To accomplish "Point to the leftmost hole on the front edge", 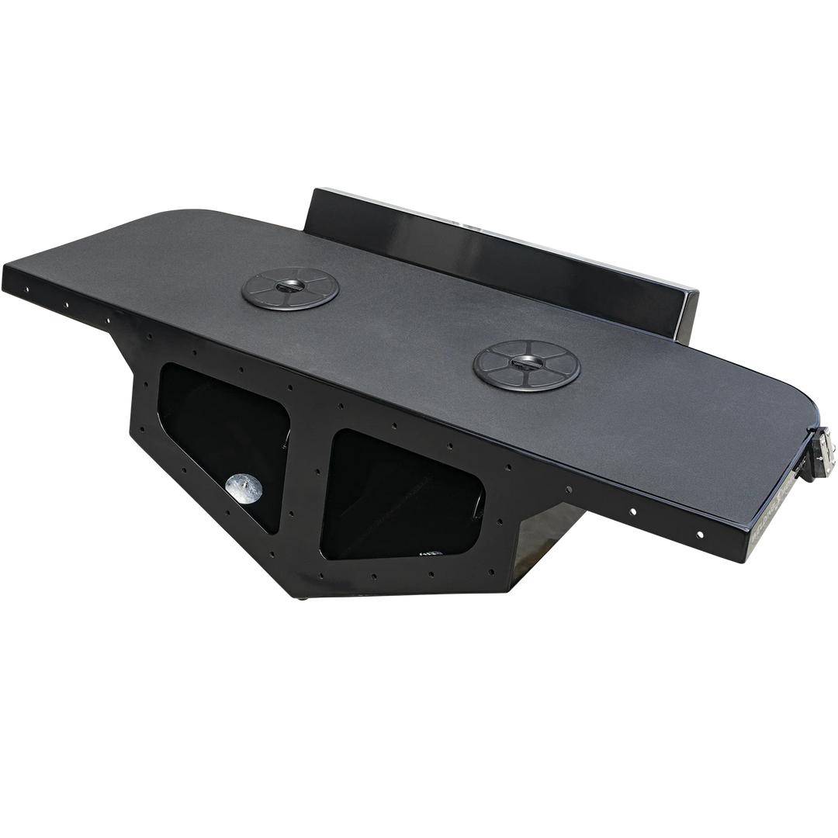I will click(x=27, y=289).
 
